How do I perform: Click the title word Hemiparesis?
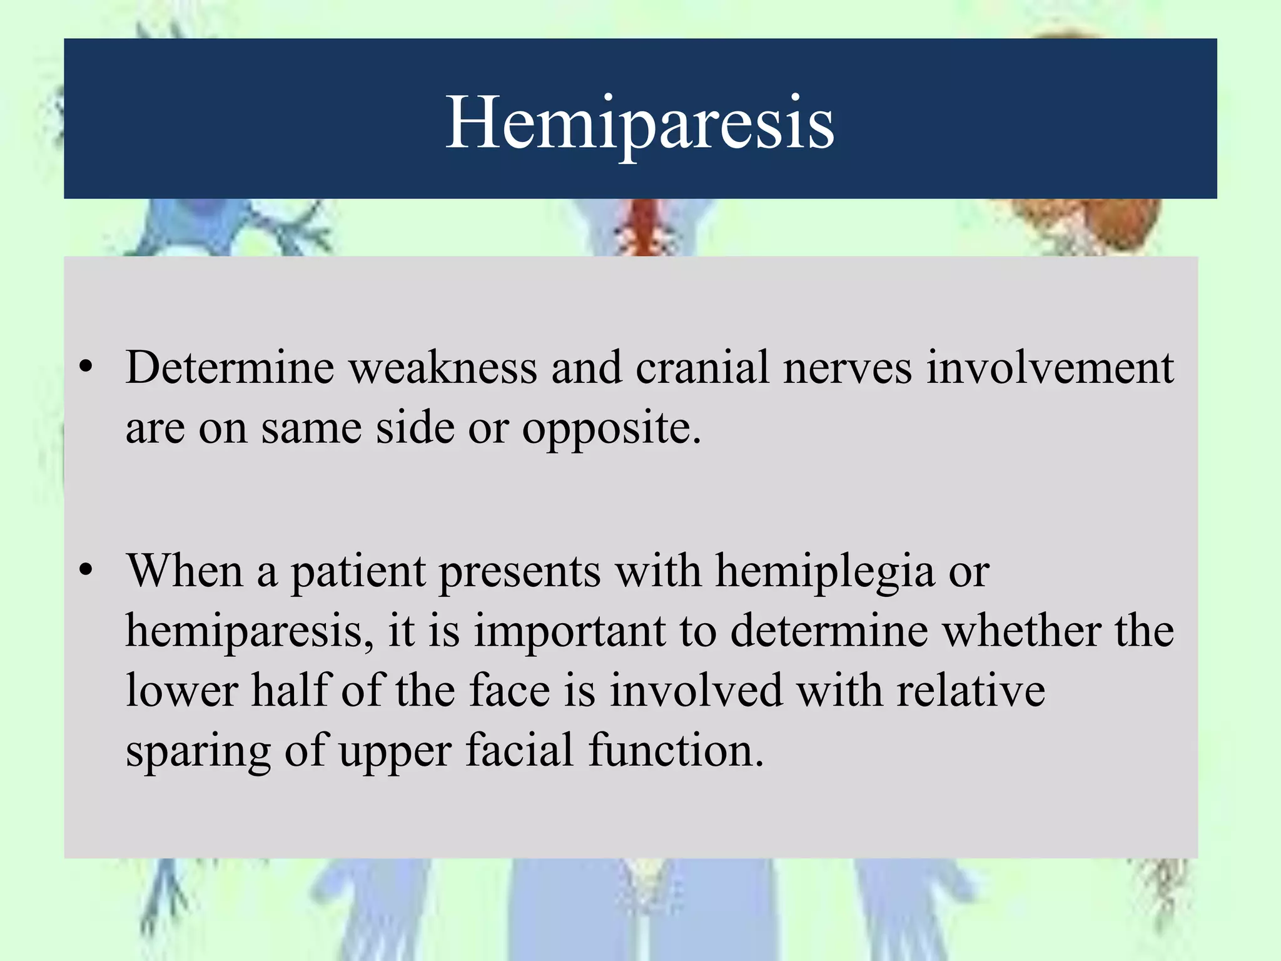click(639, 122)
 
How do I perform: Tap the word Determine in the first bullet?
click(230, 368)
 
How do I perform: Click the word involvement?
click(1050, 368)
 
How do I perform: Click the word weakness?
click(443, 368)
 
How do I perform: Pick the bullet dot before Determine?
click(86, 367)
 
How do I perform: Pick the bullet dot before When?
click(86, 570)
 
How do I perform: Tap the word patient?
click(358, 572)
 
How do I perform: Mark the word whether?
click(1021, 631)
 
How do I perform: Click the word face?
click(510, 691)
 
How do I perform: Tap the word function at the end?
click(676, 750)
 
